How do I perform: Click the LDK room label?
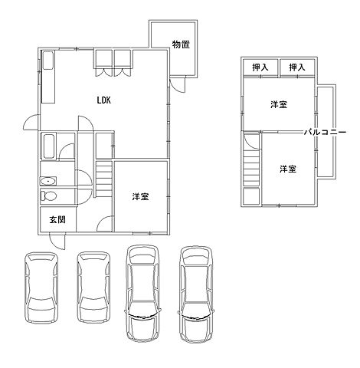pyautogui.click(x=104, y=100)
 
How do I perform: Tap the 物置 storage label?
pyautogui.click(x=181, y=44)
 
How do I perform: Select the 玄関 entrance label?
pyautogui.click(x=57, y=219)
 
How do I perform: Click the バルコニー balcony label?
pyautogui.click(x=325, y=133)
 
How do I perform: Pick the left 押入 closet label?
pyautogui.click(x=260, y=67)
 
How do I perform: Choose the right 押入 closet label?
pyautogui.click(x=297, y=67)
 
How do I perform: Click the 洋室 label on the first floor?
pyautogui.click(x=140, y=196)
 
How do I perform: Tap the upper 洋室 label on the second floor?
pyautogui.click(x=279, y=104)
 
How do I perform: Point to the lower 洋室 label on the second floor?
pyautogui.click(x=288, y=169)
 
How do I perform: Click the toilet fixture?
pyautogui.click(x=48, y=196)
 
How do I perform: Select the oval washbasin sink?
pyautogui.click(x=47, y=182)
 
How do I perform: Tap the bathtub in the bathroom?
pyautogui.click(x=49, y=146)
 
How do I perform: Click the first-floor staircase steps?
pyautogui.click(x=104, y=178)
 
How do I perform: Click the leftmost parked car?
pyautogui.click(x=41, y=287)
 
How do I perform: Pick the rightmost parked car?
pyautogui.click(x=196, y=294)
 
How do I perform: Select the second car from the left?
pyautogui.click(x=94, y=287)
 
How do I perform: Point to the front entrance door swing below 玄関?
pyautogui.click(x=57, y=241)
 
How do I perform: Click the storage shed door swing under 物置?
pyautogui.click(x=178, y=84)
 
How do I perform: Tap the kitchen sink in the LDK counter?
pyautogui.click(x=48, y=61)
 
